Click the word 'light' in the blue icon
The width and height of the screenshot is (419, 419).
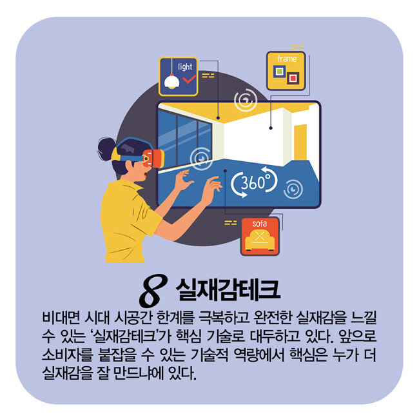click(x=185, y=66)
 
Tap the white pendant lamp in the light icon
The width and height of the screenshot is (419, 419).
click(x=171, y=82)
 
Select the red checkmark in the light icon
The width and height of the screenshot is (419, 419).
click(x=189, y=79)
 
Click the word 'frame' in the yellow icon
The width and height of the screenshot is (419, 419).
click(x=287, y=59)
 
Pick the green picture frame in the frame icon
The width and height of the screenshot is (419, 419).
click(x=280, y=72)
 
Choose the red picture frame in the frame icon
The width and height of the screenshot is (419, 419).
click(x=293, y=78)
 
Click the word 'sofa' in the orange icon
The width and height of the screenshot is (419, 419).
click(x=260, y=224)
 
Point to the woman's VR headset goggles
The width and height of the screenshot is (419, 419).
click(x=153, y=158)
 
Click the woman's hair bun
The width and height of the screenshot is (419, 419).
click(x=106, y=149)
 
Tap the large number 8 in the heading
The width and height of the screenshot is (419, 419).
click(x=153, y=291)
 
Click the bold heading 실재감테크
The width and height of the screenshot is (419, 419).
click(x=228, y=289)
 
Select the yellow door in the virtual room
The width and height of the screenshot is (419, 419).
click(x=300, y=142)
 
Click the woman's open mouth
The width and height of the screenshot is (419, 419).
click(x=146, y=174)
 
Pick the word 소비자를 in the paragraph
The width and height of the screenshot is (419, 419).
click(x=67, y=355)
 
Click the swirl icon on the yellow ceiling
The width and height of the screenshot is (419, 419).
click(x=246, y=100)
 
